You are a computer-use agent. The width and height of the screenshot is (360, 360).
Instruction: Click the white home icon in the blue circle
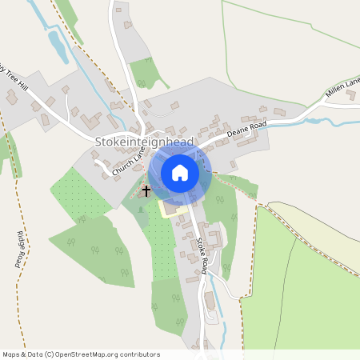[x=180, y=173]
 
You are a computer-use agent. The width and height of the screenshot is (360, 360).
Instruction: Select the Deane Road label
[x=246, y=128]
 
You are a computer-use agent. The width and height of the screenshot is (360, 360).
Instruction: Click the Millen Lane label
[x=343, y=89]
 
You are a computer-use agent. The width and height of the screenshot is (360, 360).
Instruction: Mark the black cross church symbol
[x=146, y=191]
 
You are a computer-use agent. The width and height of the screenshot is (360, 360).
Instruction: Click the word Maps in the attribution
[x=11, y=354]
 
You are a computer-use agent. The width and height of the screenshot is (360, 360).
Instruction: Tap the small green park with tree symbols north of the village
[x=145, y=72]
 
